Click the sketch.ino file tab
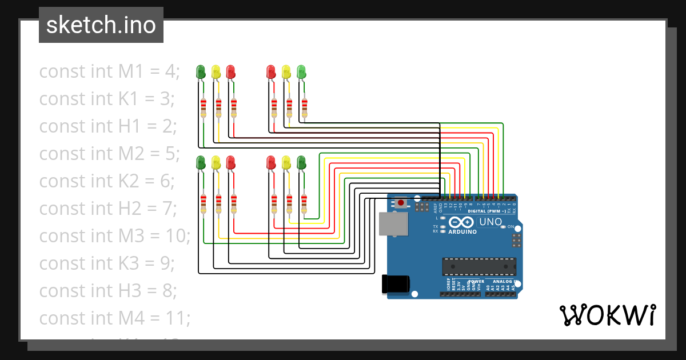click(101, 25)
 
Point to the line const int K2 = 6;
click(106, 181)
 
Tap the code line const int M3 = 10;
click(114, 236)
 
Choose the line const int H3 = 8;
click(107, 291)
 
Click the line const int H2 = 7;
click(107, 209)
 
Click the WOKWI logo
click(607, 315)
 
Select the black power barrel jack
click(396, 284)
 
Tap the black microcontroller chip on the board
click(478, 266)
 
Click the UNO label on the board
click(490, 222)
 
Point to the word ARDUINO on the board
click(462, 232)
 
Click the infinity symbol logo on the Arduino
click(461, 222)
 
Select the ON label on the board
click(510, 227)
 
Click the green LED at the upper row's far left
click(201, 71)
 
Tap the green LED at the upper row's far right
click(302, 71)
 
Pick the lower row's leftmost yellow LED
click(216, 163)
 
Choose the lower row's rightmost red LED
click(271, 163)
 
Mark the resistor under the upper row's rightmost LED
click(304, 107)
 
